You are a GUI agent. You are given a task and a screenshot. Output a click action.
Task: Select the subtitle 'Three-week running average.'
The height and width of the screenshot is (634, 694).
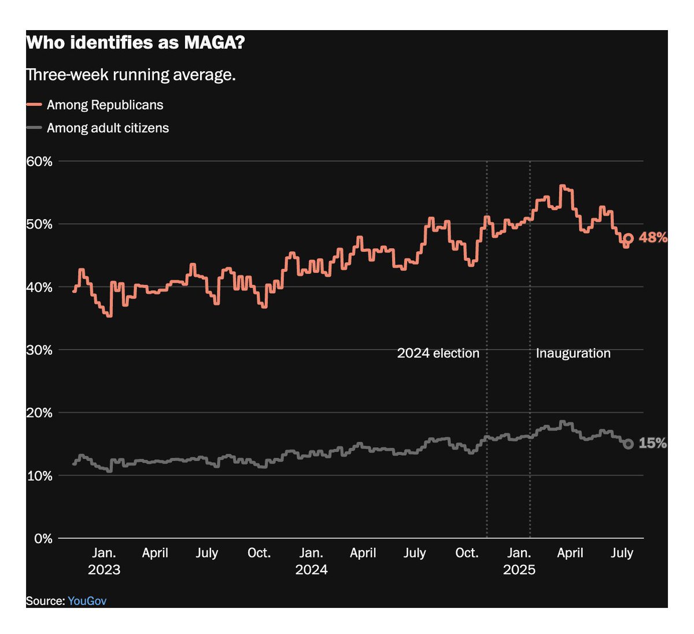click(131, 75)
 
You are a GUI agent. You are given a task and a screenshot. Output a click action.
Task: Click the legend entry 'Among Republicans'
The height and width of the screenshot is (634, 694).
click(105, 105)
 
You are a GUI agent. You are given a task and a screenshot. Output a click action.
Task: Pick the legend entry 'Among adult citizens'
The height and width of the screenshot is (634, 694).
click(108, 128)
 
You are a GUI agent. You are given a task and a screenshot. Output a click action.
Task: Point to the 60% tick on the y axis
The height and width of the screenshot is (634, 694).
click(39, 161)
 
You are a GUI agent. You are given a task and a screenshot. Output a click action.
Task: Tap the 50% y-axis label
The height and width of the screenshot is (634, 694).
click(39, 224)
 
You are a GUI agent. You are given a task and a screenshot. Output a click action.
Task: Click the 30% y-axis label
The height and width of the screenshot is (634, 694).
click(39, 350)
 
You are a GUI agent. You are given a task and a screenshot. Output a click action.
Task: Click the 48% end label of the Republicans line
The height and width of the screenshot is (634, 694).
click(653, 237)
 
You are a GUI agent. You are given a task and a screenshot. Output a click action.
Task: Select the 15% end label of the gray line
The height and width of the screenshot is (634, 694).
click(653, 443)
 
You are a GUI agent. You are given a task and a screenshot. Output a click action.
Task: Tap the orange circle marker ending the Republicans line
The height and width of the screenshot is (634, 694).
click(629, 238)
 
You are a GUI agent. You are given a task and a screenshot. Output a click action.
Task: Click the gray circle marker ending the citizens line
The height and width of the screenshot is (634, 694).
click(629, 444)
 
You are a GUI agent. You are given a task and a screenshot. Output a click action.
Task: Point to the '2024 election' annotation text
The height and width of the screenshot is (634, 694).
click(438, 353)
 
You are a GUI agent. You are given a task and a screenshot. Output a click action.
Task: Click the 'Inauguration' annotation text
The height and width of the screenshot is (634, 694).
click(573, 353)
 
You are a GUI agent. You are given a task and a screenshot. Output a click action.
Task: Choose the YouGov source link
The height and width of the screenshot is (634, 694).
click(87, 600)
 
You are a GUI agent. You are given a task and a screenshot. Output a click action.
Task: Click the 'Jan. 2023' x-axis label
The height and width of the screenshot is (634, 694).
click(104, 561)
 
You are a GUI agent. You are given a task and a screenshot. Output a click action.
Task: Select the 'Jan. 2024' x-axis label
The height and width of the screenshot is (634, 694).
click(311, 561)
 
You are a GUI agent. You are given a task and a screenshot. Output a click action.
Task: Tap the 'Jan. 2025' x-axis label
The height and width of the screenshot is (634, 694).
click(519, 561)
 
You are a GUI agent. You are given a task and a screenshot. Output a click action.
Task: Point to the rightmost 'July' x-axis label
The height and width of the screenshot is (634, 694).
click(622, 553)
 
